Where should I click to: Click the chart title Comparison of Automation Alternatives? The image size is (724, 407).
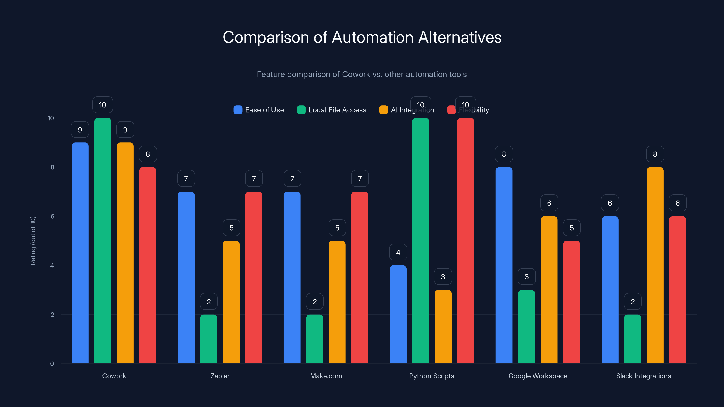click(x=362, y=37)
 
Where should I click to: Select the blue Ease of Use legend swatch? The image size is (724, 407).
click(x=238, y=110)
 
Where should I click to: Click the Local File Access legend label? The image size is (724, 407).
click(x=337, y=110)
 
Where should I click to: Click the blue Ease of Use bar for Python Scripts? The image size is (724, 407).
click(x=398, y=314)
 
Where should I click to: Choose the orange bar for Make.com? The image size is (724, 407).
click(x=337, y=302)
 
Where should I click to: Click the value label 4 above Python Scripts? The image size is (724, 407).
click(x=398, y=252)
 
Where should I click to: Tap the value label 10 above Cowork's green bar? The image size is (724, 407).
click(x=102, y=105)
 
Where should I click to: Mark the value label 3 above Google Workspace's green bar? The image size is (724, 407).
click(x=526, y=277)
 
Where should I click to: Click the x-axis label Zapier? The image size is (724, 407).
click(x=220, y=376)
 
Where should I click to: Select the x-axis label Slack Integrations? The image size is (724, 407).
click(x=643, y=376)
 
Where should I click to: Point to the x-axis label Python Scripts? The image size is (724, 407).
click(x=431, y=376)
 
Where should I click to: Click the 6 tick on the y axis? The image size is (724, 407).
click(x=52, y=216)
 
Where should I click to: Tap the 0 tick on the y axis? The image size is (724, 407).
click(x=52, y=364)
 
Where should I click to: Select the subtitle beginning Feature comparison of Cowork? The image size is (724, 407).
click(x=362, y=74)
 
